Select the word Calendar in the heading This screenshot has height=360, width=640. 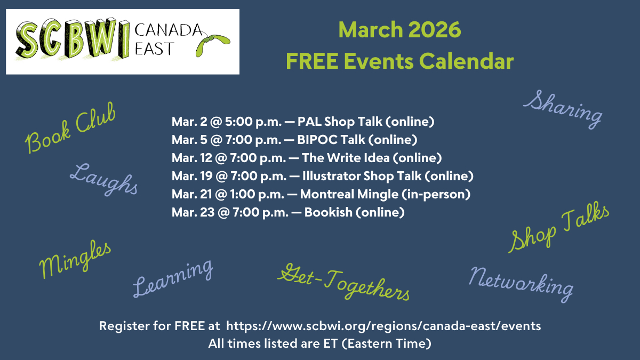tap(466, 61)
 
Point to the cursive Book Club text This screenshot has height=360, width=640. tap(70, 127)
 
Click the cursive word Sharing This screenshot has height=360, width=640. tap(563, 109)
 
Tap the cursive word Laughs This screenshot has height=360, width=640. tap(104, 179)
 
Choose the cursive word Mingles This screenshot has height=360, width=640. tap(75, 259)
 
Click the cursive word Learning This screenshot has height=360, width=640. tap(173, 278)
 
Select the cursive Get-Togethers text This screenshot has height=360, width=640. tap(343, 282)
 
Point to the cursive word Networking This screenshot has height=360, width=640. tap(521, 284)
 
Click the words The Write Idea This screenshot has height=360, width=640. tap(346, 158)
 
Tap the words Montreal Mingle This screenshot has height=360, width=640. tap(349, 194)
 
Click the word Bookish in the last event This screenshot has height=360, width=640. tap(329, 212)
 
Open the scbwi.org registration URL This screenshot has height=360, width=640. tap(383, 326)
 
